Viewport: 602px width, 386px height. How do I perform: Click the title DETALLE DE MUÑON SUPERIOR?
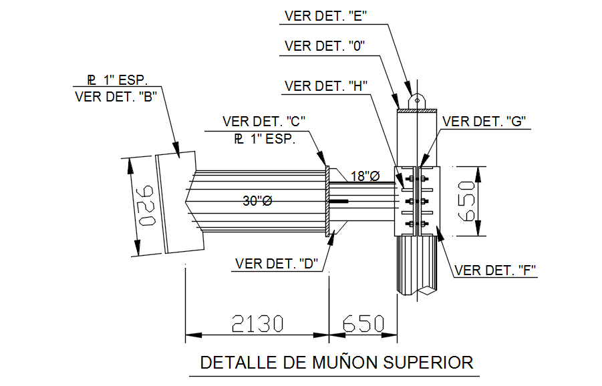tap(337, 363)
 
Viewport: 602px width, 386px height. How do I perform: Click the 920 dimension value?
tap(146, 206)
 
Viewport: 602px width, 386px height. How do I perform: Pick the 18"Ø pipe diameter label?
tap(365, 176)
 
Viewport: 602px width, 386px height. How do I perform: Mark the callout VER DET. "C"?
tap(264, 122)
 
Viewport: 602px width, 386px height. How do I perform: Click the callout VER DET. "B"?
tap(116, 97)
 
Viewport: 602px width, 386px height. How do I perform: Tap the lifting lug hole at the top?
tap(416, 100)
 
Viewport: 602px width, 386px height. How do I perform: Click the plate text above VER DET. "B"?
tap(116, 80)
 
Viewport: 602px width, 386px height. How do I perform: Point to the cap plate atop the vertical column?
tap(416, 110)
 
